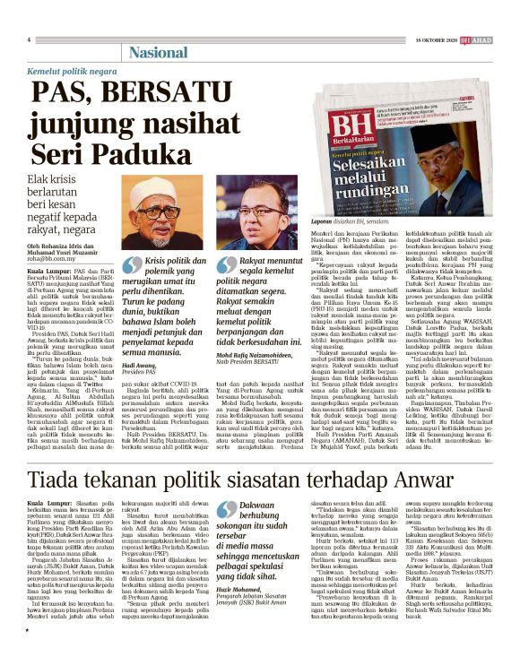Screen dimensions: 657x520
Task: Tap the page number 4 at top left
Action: tap(30, 39)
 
